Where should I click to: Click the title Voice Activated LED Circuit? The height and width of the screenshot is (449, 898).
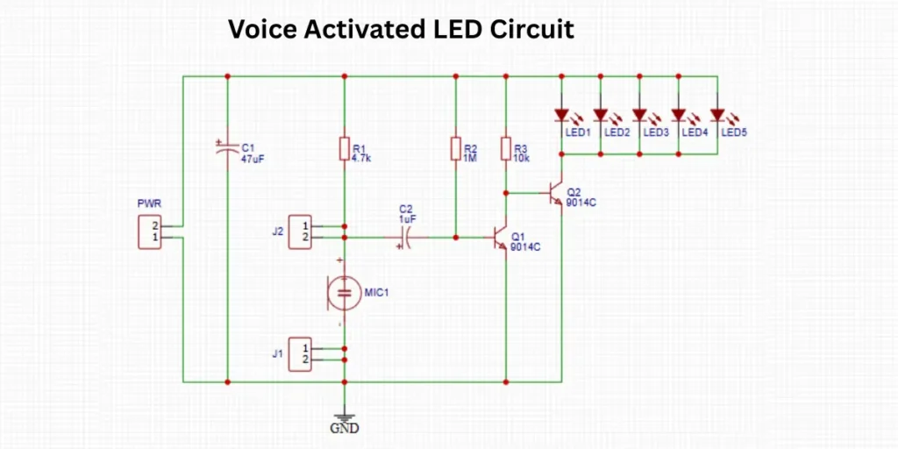(x=401, y=29)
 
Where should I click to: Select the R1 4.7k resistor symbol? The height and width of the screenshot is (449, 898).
(x=344, y=149)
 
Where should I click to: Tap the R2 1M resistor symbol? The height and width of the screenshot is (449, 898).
(x=455, y=149)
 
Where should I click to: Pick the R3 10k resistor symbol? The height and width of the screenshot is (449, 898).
(x=506, y=149)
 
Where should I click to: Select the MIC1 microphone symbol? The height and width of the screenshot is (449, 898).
(x=344, y=292)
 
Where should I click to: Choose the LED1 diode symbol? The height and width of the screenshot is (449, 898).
(x=562, y=114)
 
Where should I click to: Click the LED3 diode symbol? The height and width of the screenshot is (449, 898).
(x=639, y=114)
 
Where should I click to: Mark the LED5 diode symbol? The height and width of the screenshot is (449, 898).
(x=717, y=114)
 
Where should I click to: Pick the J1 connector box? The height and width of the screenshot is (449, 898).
(x=301, y=353)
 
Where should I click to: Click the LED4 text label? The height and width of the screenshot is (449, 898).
(x=695, y=132)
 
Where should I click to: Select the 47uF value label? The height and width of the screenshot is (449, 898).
(x=253, y=159)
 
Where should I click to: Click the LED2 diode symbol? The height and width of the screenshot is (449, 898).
(x=601, y=114)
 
